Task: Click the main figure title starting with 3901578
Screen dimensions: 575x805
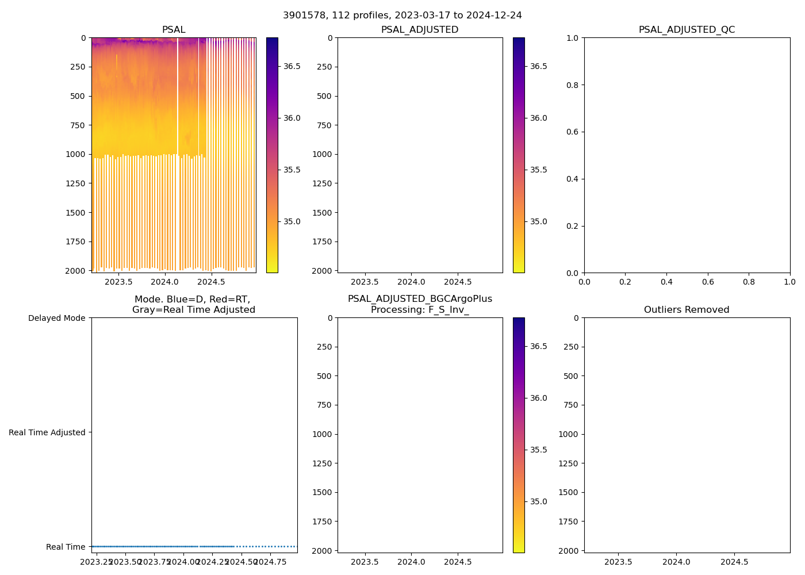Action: click(x=402, y=16)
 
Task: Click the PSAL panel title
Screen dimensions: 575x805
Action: click(x=174, y=30)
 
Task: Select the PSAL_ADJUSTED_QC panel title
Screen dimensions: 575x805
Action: click(x=687, y=30)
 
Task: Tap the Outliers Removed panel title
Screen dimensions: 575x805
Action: click(x=687, y=310)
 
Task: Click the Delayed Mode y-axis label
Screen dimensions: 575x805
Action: click(x=56, y=318)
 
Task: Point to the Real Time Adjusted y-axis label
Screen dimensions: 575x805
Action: click(x=47, y=432)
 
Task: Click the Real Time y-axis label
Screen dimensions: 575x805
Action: click(x=66, y=547)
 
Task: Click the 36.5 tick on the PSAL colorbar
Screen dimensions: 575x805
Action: click(x=292, y=66)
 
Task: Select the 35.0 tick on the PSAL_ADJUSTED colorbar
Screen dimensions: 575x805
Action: click(x=538, y=221)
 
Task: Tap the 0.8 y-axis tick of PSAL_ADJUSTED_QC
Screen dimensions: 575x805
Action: click(x=572, y=85)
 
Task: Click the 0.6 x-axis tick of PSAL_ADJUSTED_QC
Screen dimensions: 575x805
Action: click(x=708, y=282)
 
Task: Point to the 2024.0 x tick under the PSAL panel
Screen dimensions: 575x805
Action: click(x=165, y=282)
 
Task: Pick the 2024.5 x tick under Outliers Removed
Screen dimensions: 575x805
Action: click(x=734, y=562)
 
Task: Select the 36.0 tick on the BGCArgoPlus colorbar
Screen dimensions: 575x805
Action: click(x=538, y=398)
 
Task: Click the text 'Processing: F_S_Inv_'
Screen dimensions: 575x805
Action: click(x=420, y=310)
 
